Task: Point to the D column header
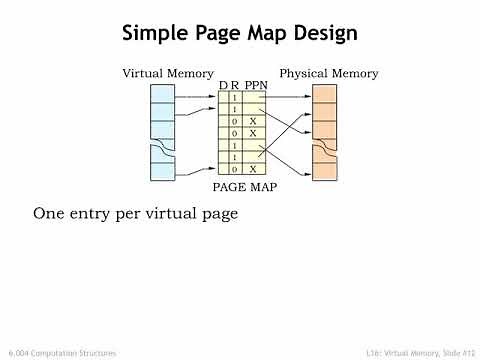click(223, 87)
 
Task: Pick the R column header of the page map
click(235, 87)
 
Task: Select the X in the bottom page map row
click(253, 170)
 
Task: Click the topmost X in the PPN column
click(253, 121)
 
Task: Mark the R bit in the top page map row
click(234, 97)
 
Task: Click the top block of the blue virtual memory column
click(162, 94)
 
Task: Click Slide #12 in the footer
click(452, 353)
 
